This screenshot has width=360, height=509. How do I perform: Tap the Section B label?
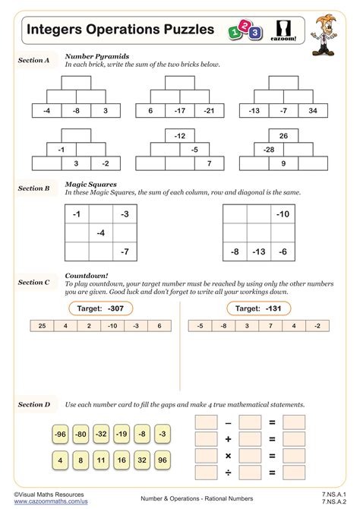(34, 188)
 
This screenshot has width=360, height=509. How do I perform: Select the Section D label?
(34, 405)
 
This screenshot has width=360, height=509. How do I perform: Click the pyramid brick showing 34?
(313, 111)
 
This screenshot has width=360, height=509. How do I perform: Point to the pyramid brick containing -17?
(179, 111)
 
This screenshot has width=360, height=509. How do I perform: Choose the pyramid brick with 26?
(283, 137)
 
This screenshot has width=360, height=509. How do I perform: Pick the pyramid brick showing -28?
(269, 150)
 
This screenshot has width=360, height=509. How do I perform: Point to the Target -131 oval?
(257, 308)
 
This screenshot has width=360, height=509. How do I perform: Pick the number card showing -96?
(61, 435)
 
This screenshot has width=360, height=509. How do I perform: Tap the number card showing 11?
(101, 460)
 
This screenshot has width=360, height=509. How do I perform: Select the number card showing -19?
(121, 435)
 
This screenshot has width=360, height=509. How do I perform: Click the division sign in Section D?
(228, 475)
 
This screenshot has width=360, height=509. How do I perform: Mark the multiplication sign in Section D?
(228, 457)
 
